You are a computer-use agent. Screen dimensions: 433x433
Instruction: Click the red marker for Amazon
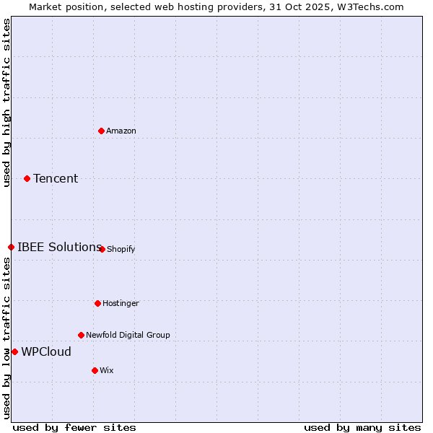tap(101, 131)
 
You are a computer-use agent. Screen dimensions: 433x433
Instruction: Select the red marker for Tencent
tap(27, 178)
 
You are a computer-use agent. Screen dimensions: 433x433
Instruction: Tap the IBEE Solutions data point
tap(11, 247)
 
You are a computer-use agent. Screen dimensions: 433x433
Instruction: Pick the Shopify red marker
tap(102, 249)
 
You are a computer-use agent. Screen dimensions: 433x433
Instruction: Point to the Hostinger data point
tap(97, 303)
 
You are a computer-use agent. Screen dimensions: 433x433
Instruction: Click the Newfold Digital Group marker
tap(81, 335)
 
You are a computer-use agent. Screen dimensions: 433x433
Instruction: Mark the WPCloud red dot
tap(14, 351)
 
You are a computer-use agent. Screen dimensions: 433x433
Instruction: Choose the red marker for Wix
tap(95, 370)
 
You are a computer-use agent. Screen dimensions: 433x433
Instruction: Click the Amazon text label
tap(121, 131)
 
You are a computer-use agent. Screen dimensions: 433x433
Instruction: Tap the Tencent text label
tap(56, 178)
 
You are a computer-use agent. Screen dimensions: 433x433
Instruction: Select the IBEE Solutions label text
tap(59, 247)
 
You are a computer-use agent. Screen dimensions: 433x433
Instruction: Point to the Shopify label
tap(121, 249)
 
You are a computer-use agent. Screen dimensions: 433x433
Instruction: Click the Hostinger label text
tap(121, 303)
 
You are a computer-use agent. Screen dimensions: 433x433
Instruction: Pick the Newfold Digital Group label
tap(128, 335)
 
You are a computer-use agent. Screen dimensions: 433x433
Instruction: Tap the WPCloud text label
tap(46, 351)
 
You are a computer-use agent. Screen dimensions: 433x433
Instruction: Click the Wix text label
tap(107, 370)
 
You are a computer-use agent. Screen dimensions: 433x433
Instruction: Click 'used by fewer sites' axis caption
tap(74, 427)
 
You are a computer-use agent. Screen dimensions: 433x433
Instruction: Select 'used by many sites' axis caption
tap(362, 427)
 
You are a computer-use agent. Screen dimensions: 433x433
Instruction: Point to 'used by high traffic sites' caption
tap(6, 102)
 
